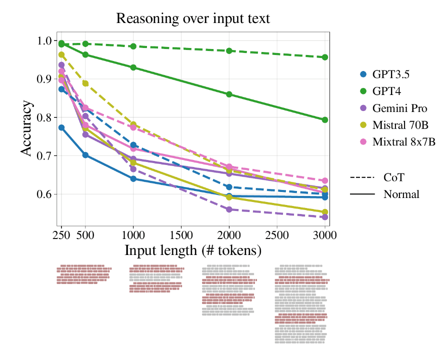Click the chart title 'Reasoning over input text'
(193, 19)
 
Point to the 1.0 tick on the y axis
(45, 40)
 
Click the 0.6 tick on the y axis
(45, 194)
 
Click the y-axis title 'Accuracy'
(27, 128)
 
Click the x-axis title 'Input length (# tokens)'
(193, 249)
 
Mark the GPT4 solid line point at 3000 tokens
(325, 120)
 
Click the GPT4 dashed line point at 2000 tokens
(229, 51)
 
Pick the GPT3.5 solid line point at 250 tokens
(61, 127)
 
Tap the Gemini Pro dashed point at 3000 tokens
(325, 217)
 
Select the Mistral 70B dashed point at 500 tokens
(85, 83)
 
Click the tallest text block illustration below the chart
(301, 304)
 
